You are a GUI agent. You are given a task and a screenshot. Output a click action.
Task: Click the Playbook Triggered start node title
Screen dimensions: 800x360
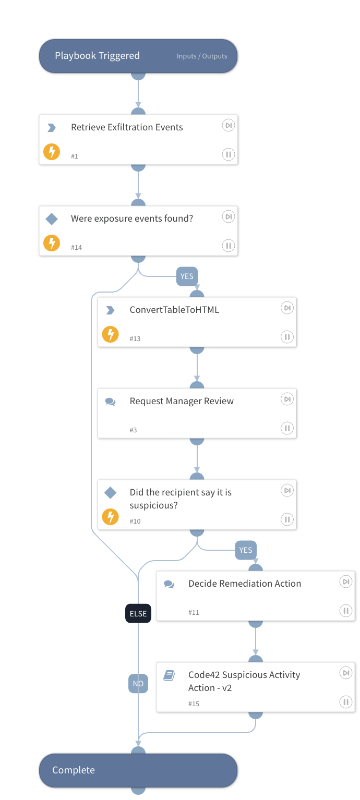point(97,56)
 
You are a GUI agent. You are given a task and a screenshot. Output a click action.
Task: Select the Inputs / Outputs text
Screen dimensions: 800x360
point(202,56)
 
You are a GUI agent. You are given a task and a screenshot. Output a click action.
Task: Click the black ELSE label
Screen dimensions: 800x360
point(138,614)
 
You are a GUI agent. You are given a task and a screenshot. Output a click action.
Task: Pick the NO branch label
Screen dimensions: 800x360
point(138,683)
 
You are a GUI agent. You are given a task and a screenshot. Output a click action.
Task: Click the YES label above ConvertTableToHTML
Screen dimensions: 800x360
point(187,276)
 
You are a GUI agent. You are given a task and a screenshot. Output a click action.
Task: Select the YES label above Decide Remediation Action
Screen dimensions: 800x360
point(246,550)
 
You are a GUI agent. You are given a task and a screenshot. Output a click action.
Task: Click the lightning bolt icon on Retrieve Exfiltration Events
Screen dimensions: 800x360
point(52,152)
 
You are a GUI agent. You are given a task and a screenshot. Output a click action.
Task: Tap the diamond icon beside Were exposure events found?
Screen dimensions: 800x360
point(52,219)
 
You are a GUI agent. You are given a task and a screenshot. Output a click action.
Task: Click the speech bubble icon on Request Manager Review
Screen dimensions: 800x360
point(110,402)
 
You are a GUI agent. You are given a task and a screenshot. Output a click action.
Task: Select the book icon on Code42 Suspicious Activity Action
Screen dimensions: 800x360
point(169,675)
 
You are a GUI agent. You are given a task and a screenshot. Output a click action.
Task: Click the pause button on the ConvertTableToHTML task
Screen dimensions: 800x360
point(287,337)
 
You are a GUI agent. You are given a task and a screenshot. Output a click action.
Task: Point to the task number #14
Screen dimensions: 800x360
point(76,247)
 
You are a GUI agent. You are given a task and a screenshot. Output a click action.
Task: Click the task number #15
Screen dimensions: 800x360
point(194,704)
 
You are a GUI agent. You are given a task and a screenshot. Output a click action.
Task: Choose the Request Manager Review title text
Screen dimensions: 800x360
point(182,401)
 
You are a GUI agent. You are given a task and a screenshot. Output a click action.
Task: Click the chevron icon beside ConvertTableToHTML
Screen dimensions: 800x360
point(110,310)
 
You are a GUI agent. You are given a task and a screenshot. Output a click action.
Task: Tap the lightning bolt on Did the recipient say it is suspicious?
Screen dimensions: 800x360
point(110,517)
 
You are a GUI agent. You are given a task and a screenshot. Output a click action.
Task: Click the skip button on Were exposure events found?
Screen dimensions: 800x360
point(228,216)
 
